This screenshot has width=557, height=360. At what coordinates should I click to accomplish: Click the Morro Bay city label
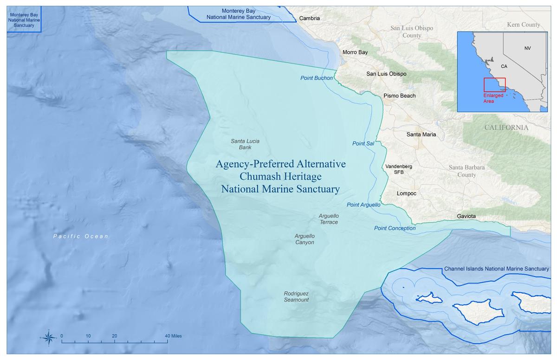click(x=355, y=52)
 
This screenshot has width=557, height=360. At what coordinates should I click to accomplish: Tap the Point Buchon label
click(x=317, y=78)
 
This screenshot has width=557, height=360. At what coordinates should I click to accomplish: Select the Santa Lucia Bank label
click(x=245, y=144)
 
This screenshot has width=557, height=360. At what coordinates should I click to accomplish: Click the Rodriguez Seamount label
click(x=296, y=296)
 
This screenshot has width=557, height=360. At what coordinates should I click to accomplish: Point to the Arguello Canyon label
click(x=304, y=239)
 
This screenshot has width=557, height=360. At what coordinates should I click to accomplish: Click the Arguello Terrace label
click(x=329, y=219)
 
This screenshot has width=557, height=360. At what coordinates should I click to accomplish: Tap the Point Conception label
click(x=395, y=228)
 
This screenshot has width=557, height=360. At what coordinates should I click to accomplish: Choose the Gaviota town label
click(x=466, y=216)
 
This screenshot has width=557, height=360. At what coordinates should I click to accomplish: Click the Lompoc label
click(x=407, y=193)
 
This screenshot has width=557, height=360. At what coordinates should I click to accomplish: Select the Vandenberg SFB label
click(x=398, y=169)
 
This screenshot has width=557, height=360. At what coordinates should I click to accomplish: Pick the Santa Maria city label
click(x=421, y=135)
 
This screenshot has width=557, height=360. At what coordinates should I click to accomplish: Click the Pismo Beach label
click(x=399, y=96)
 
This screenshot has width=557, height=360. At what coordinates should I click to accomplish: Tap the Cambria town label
click(x=309, y=19)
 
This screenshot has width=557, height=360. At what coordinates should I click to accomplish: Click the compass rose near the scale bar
click(x=48, y=337)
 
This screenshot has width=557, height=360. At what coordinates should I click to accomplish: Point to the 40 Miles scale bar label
click(x=173, y=336)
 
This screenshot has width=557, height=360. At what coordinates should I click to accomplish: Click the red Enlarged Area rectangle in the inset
click(x=494, y=84)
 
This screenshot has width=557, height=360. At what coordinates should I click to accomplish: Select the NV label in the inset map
click(x=527, y=48)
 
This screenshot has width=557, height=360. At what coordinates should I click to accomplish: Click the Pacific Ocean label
click(x=81, y=236)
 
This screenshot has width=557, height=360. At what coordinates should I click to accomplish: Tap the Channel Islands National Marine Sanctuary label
click(x=496, y=269)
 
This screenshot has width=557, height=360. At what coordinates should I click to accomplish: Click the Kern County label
click(x=524, y=25)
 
